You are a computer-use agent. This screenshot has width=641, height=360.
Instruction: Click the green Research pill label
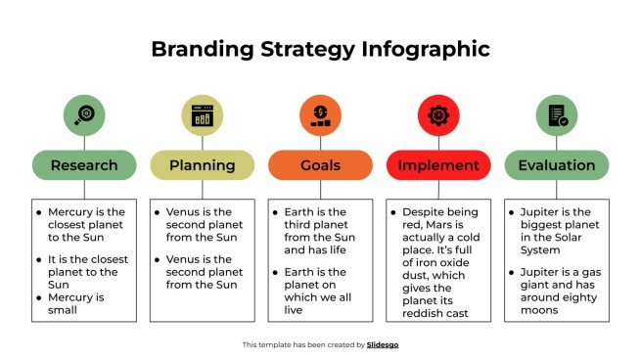coord(84,165)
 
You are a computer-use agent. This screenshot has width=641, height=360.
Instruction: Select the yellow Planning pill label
coord(202,165)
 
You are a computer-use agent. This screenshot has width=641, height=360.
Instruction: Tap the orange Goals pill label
coord(320,165)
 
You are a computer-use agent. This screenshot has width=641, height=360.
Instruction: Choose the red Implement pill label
coord(437,165)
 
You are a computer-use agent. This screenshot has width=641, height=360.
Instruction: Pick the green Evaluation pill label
coord(556,165)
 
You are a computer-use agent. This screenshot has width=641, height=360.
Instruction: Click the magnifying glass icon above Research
coord(84,114)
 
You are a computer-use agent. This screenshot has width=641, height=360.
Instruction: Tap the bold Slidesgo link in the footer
coord(382,344)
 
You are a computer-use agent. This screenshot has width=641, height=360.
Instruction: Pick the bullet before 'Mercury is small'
coord(39,297)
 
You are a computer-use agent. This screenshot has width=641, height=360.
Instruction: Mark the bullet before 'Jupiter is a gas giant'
coord(512,271)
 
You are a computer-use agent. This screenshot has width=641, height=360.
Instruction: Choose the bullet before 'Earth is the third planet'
coord(275,211)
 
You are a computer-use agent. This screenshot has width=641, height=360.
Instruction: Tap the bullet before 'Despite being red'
coord(393,211)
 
